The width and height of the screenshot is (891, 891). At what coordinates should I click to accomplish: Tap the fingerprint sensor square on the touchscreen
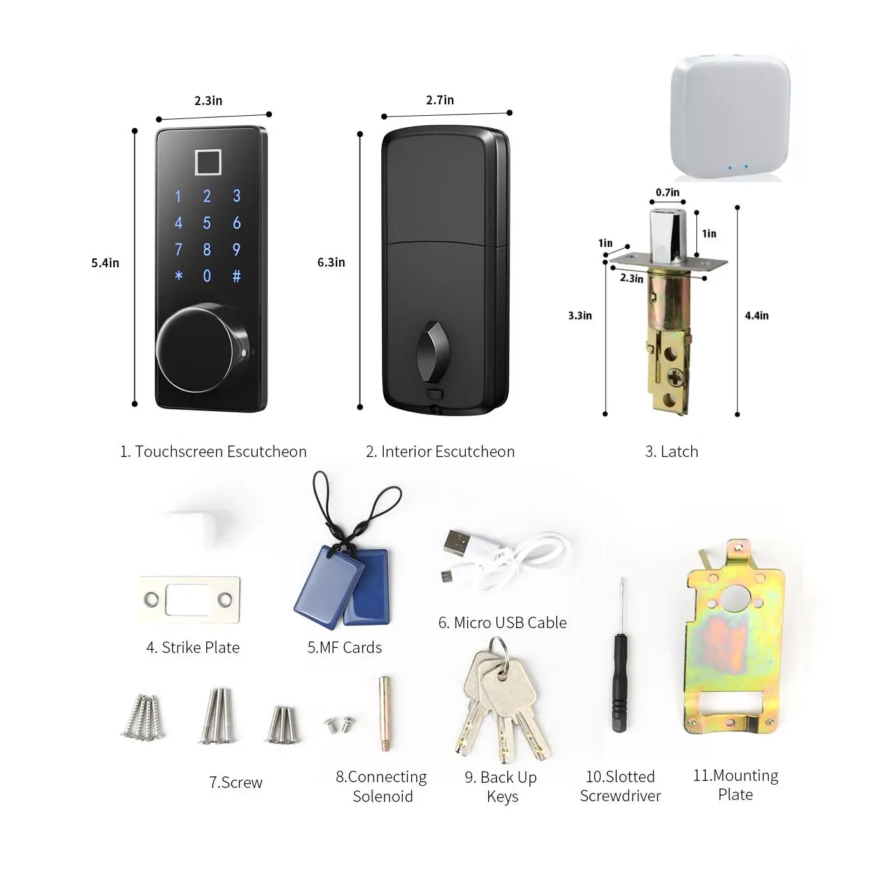(208, 162)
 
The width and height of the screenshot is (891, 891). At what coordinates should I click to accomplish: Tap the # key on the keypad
(237, 276)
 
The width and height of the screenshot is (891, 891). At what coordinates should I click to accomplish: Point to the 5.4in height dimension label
(105, 263)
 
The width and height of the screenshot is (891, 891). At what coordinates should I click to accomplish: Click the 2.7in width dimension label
(440, 100)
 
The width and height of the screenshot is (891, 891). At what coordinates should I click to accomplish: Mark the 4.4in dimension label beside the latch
(756, 315)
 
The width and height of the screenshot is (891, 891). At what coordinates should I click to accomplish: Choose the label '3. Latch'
(671, 451)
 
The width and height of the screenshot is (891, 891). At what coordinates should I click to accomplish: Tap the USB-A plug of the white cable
(458, 544)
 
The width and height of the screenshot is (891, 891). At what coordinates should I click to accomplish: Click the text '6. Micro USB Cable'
(502, 622)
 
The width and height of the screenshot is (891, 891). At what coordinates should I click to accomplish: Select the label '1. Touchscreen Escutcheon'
(213, 451)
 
